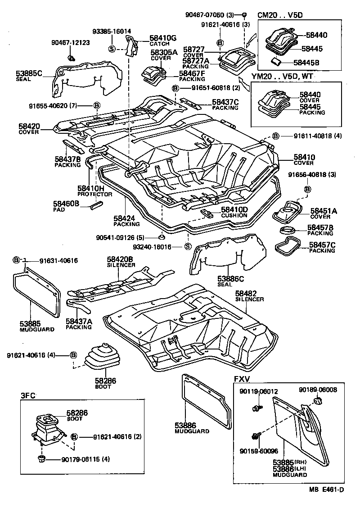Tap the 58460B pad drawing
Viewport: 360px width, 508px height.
tap(97, 205)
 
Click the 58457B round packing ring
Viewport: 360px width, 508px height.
tap(288, 231)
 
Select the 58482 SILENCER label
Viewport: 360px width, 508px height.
tap(249, 295)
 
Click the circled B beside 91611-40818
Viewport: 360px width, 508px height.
tap(275, 136)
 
